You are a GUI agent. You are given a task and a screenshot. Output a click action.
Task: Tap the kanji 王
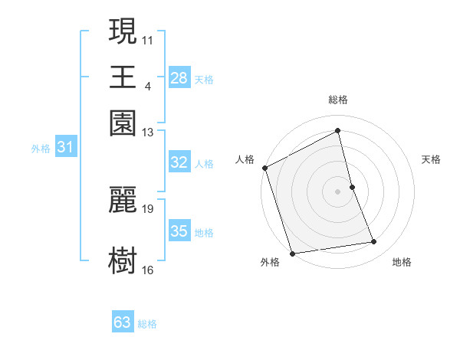click(x=123, y=77)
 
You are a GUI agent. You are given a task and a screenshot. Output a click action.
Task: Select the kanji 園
click(x=123, y=123)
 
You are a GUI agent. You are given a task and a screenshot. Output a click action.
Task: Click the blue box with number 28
click(x=179, y=78)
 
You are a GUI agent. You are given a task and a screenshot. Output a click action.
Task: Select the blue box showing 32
click(x=179, y=162)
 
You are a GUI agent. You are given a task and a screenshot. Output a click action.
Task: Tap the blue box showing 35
click(x=179, y=231)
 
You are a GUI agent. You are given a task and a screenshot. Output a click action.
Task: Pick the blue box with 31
click(x=64, y=148)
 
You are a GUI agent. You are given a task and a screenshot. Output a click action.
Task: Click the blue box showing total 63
click(x=123, y=322)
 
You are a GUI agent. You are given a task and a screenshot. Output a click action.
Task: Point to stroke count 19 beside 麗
click(x=148, y=208)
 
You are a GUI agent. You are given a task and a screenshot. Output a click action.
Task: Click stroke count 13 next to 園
click(x=148, y=133)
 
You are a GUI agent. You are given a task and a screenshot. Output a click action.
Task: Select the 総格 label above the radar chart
click(x=338, y=100)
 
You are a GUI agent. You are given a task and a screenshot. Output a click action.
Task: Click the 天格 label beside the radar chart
click(x=431, y=159)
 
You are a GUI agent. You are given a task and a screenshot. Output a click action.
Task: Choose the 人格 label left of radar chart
click(x=245, y=159)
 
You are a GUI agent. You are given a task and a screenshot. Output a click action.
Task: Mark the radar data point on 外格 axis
click(x=292, y=253)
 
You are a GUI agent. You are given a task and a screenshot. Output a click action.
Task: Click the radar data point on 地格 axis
click(x=374, y=242)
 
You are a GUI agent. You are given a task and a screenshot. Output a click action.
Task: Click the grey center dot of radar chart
click(x=338, y=191)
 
